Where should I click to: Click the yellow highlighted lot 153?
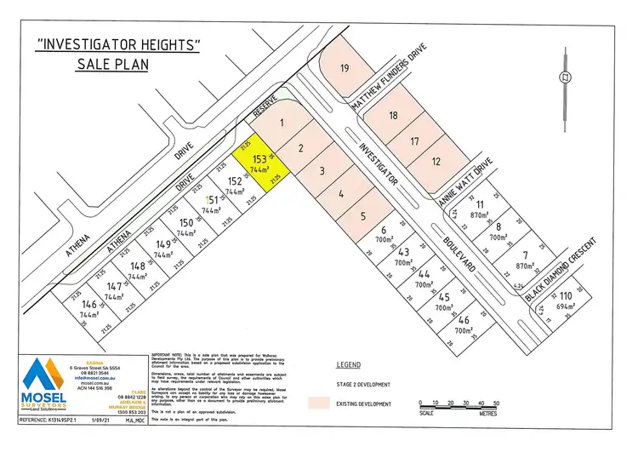click(x=262, y=163)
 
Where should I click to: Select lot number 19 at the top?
click(x=345, y=67)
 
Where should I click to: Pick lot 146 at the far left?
click(x=88, y=307)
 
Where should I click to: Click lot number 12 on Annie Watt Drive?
click(x=436, y=161)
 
